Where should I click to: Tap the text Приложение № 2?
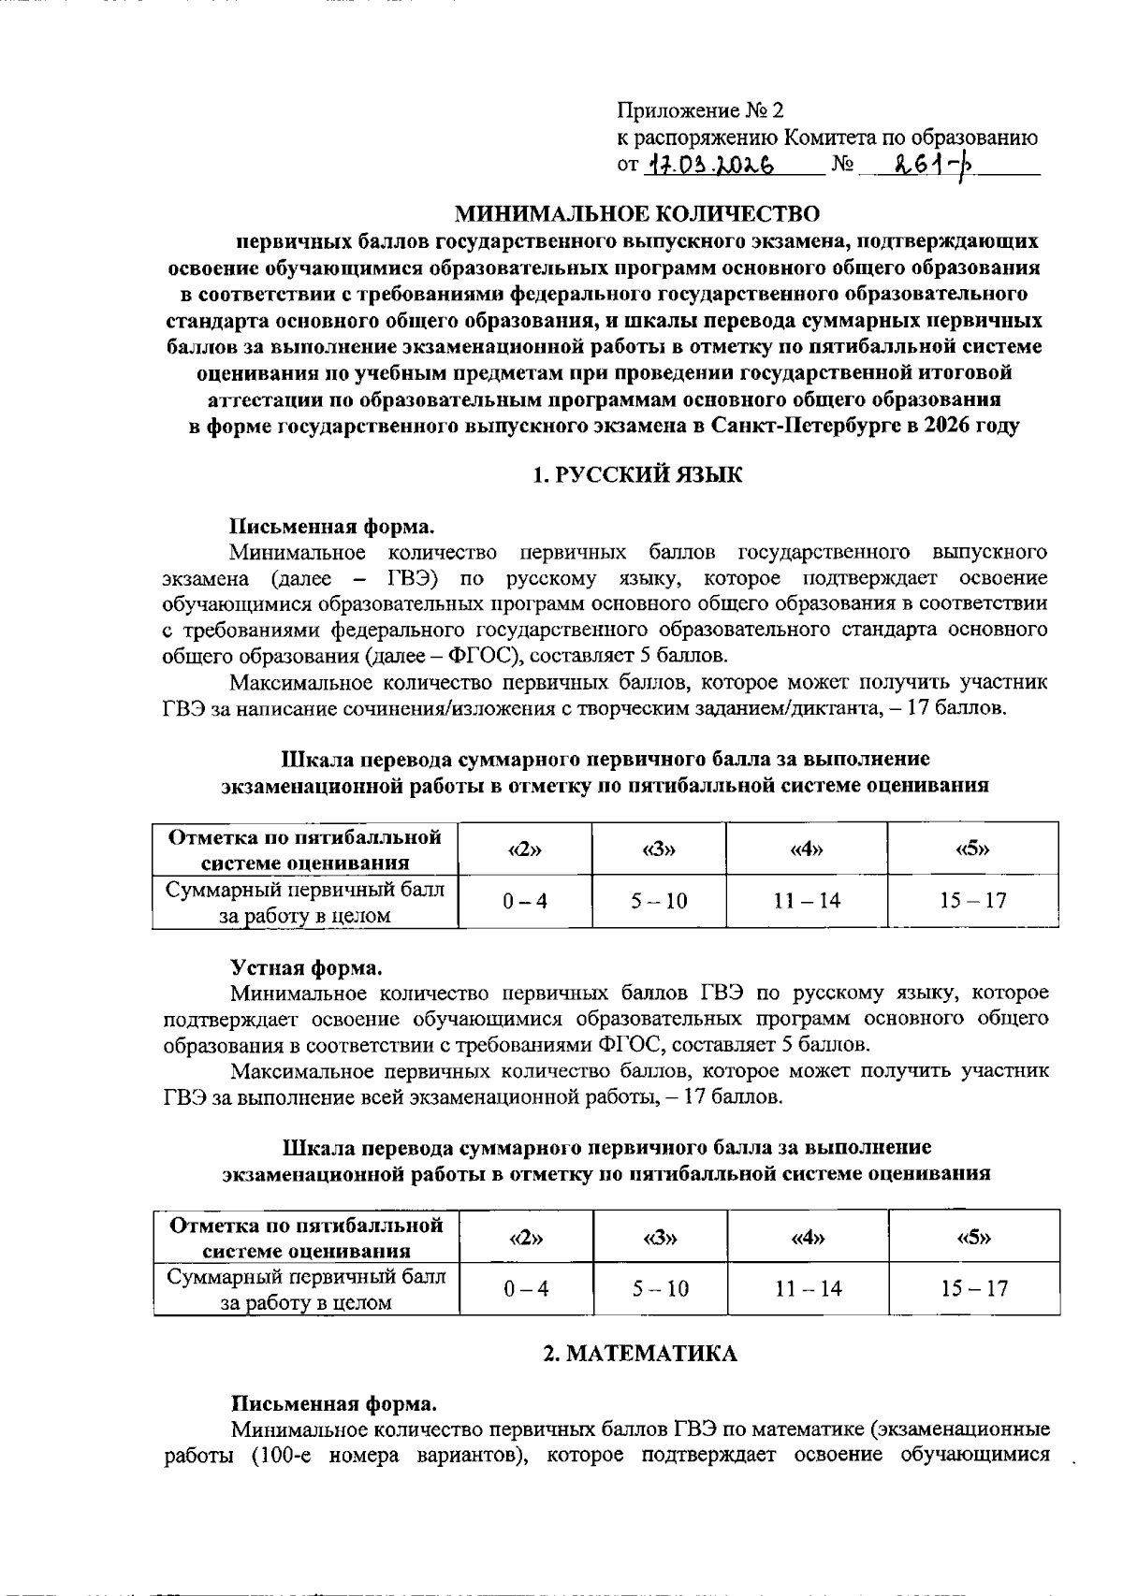coord(699,111)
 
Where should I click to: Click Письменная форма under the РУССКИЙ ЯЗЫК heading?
coord(332,526)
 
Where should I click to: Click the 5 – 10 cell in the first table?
coord(659,901)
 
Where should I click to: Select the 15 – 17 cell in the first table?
coord(973,901)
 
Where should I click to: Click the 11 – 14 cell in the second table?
coord(808,1289)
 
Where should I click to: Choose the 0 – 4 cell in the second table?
coord(525,1289)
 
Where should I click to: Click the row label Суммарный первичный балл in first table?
coord(305,890)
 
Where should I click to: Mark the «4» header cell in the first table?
coord(807,849)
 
